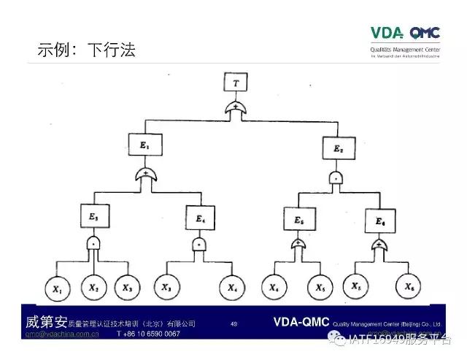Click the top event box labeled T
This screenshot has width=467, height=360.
[235, 83]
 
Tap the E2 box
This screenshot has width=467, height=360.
[339, 150]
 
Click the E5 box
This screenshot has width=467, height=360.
[298, 219]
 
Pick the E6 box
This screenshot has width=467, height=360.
[381, 221]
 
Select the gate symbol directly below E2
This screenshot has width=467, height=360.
[336, 177]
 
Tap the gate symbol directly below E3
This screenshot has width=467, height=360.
[94, 242]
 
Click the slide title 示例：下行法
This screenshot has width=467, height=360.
[86, 50]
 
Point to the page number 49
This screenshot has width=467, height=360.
[233, 323]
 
